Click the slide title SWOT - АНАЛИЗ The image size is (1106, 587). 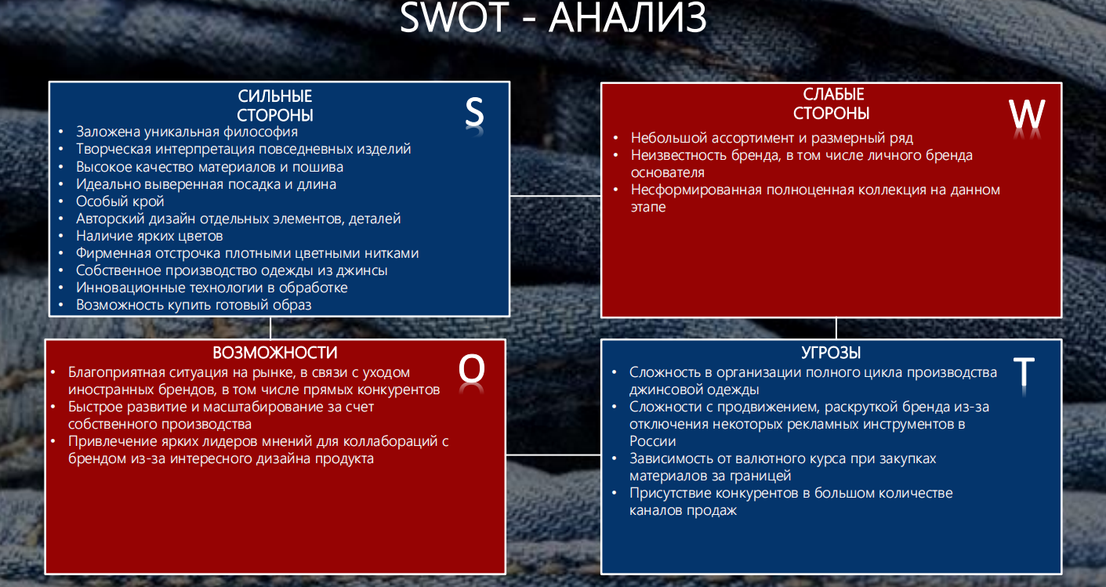pyautogui.click(x=553, y=19)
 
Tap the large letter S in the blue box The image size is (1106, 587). pyautogui.click(x=474, y=114)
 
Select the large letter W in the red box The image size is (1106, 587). pyautogui.click(x=1027, y=115)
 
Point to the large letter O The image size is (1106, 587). pyautogui.click(x=472, y=369)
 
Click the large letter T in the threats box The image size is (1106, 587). pyautogui.click(x=1024, y=374)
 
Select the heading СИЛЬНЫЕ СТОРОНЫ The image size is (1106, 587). pyautogui.click(x=275, y=106)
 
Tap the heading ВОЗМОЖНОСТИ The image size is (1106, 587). pyautogui.click(x=275, y=353)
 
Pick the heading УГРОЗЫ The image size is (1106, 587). pyautogui.click(x=832, y=353)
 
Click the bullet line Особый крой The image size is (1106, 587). pyautogui.click(x=120, y=201)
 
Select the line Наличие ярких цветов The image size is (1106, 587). pyautogui.click(x=149, y=236)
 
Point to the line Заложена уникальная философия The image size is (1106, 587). pyautogui.click(x=187, y=132)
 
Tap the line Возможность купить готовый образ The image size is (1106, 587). pyautogui.click(x=194, y=305)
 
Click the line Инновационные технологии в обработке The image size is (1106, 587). pyautogui.click(x=212, y=288)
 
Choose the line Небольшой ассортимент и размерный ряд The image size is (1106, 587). pyautogui.click(x=771, y=138)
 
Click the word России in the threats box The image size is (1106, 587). pyautogui.click(x=652, y=441)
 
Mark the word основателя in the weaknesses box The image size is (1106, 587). pyautogui.click(x=668, y=172)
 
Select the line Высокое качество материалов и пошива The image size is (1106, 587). pyautogui.click(x=209, y=167)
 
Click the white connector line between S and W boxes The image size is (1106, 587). pyautogui.click(x=555, y=196)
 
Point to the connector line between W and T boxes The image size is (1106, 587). pyautogui.click(x=836, y=328)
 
